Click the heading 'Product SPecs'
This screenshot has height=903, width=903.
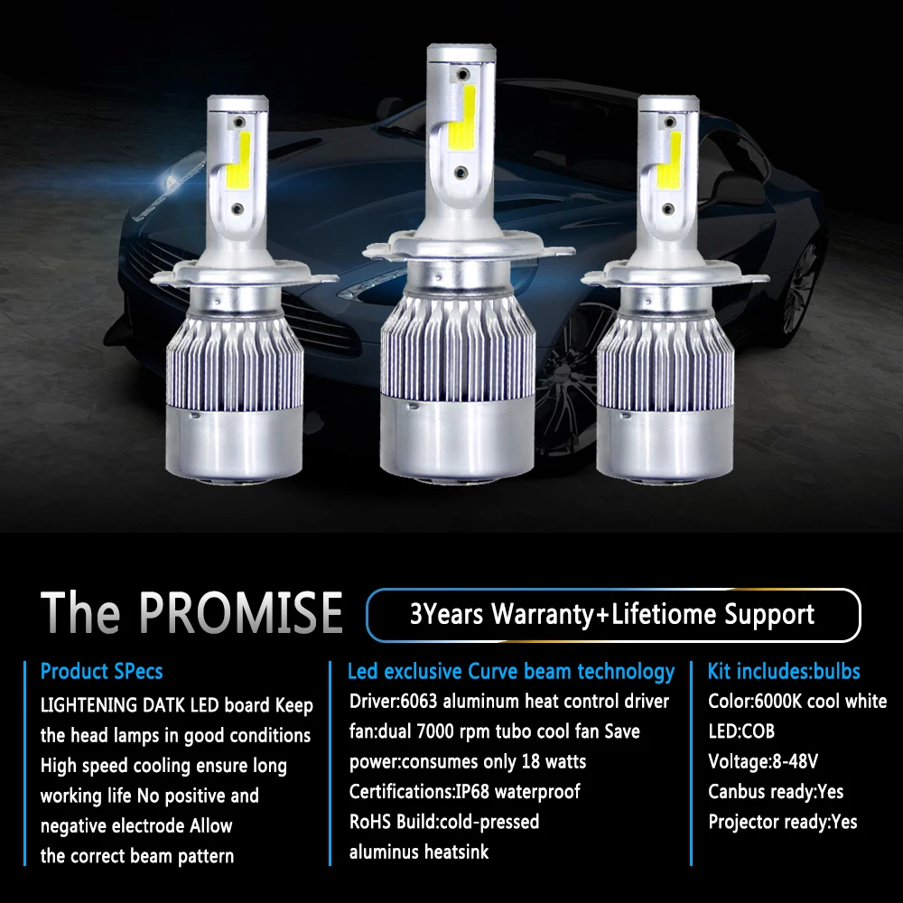tap(101, 672)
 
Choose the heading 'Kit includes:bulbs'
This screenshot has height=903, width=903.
tap(784, 672)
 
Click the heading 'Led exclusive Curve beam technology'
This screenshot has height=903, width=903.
tap(511, 672)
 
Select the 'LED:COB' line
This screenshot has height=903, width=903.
tap(741, 731)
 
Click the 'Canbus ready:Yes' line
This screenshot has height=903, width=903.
tap(776, 792)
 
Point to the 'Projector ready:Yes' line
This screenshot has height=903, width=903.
tap(783, 822)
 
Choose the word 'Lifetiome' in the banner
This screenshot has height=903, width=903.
tap(660, 615)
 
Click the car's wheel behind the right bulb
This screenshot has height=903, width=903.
tap(798, 289)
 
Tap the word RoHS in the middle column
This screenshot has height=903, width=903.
tap(370, 822)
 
